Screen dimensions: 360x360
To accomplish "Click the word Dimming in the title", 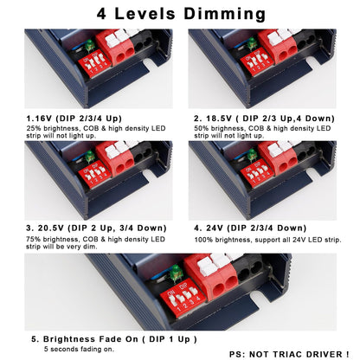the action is (224, 14).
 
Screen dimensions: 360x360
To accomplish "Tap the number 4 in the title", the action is (101, 13).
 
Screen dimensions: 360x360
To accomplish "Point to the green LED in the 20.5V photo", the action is (90, 156).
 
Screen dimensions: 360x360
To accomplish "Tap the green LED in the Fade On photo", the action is (176, 273).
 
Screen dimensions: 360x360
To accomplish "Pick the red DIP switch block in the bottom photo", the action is (183, 299).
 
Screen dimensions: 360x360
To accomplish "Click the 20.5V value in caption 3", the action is (50, 228).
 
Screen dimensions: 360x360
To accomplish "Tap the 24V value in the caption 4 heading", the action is (215, 228).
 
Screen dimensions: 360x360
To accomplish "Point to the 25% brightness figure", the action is (34, 128).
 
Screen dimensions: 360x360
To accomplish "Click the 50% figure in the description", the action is (202, 128).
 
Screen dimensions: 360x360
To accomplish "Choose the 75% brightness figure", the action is (33, 239).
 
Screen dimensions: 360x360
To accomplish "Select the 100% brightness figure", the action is (203, 240).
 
